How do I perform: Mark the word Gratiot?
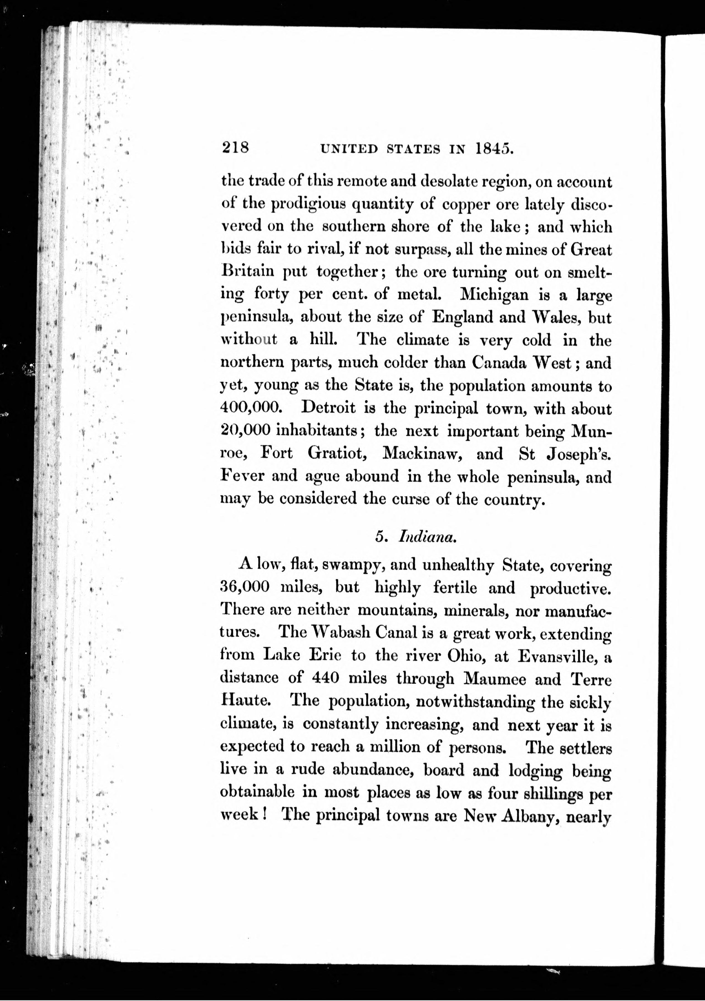(x=336, y=453)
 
